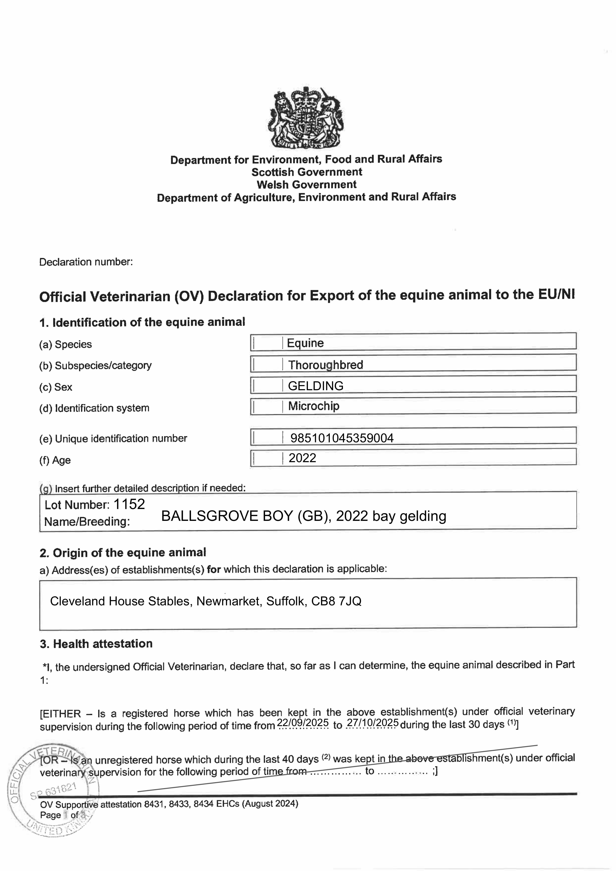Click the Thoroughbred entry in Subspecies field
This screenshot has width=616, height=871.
pos(325,365)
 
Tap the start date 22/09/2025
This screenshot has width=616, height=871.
pos(303,723)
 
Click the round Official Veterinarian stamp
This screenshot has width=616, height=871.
pos(53,793)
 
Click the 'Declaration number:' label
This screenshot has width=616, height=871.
pos(86,262)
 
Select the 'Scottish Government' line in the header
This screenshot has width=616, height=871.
pos(307,172)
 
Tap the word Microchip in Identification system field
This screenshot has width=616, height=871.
pos(313,406)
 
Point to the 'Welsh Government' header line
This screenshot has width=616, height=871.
pos(307,185)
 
